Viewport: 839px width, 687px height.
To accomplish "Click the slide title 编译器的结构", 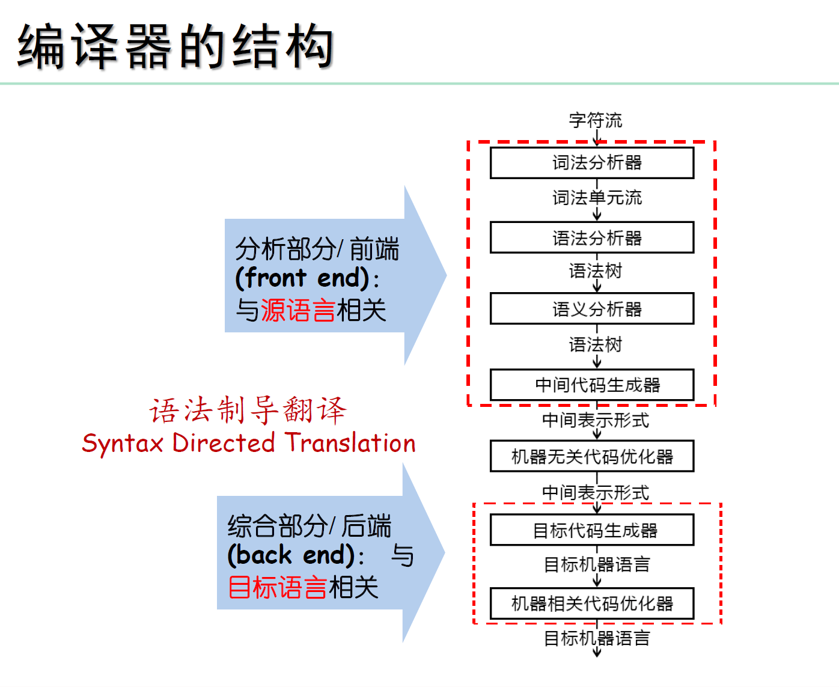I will point(175,46).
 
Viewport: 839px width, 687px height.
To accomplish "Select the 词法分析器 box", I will point(592,163).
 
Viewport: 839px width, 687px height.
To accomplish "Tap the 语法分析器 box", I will point(592,237).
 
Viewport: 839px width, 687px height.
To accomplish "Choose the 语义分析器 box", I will point(592,309).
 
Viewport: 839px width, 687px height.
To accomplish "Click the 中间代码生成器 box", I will point(592,385).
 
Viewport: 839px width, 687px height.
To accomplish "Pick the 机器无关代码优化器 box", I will point(592,457).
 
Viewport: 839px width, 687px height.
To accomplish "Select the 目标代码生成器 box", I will point(592,530).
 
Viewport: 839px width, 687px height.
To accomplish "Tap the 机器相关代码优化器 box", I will point(592,603).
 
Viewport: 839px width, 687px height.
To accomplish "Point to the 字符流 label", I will point(596,120).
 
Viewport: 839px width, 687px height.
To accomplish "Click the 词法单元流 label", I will point(597,197).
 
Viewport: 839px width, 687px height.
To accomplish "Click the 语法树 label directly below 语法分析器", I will point(596,271).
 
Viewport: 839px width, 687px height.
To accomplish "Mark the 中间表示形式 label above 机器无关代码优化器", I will point(596,420).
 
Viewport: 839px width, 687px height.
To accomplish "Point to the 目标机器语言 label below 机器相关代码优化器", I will point(597,638).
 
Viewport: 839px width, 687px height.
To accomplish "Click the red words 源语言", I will point(297,311).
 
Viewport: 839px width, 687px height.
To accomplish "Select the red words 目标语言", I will point(277,587).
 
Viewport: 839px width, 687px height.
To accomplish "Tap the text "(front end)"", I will point(302,278).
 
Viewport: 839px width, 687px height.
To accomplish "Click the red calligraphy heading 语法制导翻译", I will point(248,411).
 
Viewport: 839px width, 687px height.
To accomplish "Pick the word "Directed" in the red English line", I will point(224,444).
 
